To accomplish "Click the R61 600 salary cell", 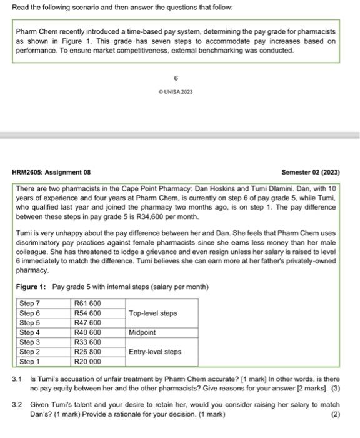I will [x=87, y=303].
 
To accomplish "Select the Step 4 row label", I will [x=30, y=333].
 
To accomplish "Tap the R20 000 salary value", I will [x=87, y=362].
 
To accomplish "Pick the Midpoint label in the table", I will [x=142, y=333].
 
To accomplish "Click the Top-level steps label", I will [x=153, y=313].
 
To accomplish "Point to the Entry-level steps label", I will [x=155, y=352].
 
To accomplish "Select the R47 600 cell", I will [x=87, y=323].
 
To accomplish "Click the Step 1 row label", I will [x=30, y=362].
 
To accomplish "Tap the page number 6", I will [x=176, y=78].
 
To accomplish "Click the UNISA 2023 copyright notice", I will [x=176, y=92].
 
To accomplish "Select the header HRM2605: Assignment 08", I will [x=51, y=172].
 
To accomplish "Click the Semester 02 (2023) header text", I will [x=311, y=172].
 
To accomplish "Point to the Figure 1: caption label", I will [x=31, y=287].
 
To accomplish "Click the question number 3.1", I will [x=17, y=379].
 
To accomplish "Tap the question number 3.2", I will [x=17, y=405].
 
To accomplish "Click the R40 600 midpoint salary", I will [x=87, y=333].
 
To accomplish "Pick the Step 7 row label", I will [x=30, y=303].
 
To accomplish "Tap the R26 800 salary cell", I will [x=87, y=352].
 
